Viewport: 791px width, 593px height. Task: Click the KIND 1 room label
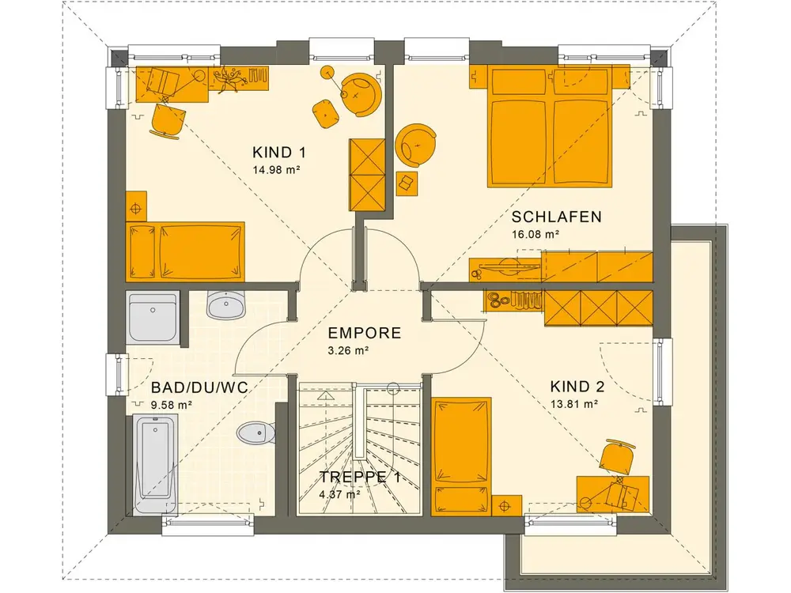tap(279, 153)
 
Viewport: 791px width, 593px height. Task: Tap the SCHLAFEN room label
tap(556, 217)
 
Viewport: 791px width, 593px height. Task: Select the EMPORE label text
tap(364, 334)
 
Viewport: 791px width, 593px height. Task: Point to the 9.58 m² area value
tap(171, 404)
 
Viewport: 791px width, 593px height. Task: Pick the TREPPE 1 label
tap(360, 477)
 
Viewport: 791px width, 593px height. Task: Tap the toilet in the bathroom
tap(256, 433)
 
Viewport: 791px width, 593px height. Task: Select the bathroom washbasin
tap(226, 304)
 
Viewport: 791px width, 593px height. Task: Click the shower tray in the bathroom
tap(153, 317)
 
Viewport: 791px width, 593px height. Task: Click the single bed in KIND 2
tap(462, 456)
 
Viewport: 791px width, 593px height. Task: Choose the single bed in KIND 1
tap(185, 251)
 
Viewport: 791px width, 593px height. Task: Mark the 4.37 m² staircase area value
tap(339, 495)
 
